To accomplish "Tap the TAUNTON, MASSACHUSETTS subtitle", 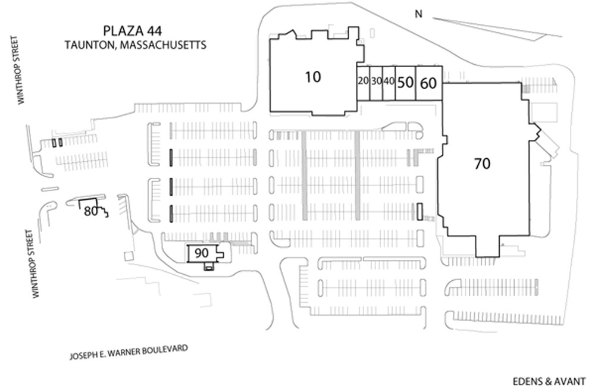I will pos(136,45).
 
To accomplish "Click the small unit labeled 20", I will pos(362,81).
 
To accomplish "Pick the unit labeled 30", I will pos(375,81).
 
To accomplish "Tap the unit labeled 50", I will pos(405,83).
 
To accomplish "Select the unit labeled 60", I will pos(428,83).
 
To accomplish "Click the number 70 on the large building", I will pos(482,164).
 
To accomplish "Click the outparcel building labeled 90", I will pos(202,253).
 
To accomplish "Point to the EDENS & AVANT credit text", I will pos(549,381).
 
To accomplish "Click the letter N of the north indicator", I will pos(419,15).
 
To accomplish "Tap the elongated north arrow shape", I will pos(494,27).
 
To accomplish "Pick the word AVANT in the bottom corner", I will pos(569,381).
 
